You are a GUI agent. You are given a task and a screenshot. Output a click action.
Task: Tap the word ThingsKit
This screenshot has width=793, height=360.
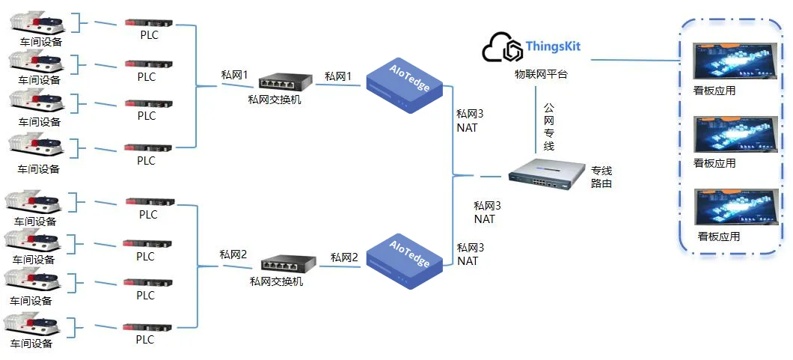click(553, 46)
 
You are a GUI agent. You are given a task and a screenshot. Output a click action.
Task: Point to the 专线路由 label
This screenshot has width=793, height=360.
click(601, 177)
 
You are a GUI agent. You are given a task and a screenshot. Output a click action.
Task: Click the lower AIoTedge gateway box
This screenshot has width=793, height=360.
click(404, 261)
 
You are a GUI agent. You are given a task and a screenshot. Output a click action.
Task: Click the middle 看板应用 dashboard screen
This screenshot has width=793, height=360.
click(735, 136)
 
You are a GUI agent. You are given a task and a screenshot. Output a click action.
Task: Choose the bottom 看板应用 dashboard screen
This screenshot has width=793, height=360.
click(735, 207)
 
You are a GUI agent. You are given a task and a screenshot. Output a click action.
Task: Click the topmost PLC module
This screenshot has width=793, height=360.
click(149, 23)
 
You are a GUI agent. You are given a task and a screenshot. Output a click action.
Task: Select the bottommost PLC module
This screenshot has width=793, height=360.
click(148, 328)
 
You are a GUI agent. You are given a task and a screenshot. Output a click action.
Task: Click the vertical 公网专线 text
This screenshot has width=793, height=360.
click(548, 127)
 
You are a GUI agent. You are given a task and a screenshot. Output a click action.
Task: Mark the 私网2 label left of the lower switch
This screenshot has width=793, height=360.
click(233, 254)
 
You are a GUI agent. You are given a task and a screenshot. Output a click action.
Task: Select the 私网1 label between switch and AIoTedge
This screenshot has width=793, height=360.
click(337, 76)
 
